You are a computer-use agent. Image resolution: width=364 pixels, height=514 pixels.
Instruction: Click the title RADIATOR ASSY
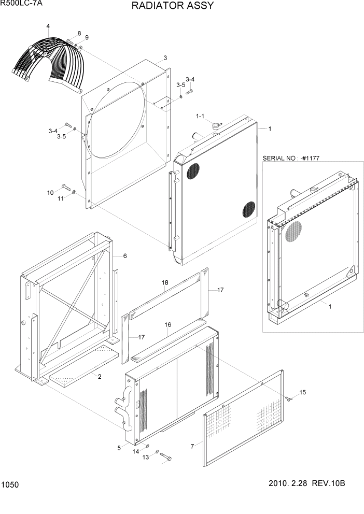(x=165, y=6)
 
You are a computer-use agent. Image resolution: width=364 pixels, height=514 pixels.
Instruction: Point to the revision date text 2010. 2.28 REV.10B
(x=306, y=483)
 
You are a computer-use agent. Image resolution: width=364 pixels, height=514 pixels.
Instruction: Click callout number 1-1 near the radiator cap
(x=200, y=116)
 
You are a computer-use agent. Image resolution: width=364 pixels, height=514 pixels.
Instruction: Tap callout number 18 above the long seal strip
(x=165, y=282)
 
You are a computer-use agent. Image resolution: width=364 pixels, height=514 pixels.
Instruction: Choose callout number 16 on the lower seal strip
(x=168, y=324)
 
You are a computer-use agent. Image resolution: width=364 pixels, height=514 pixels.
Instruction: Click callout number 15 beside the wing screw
(x=303, y=392)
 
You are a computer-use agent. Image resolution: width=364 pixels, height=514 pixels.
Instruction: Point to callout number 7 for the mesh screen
(x=192, y=446)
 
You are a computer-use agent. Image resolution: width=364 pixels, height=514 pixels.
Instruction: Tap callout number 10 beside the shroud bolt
(x=50, y=193)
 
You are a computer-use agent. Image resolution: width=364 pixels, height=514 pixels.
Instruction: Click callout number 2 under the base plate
(x=100, y=377)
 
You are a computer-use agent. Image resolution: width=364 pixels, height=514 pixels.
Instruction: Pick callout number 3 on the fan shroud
(x=165, y=58)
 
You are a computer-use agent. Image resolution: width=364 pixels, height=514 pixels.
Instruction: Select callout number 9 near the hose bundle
(x=87, y=37)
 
